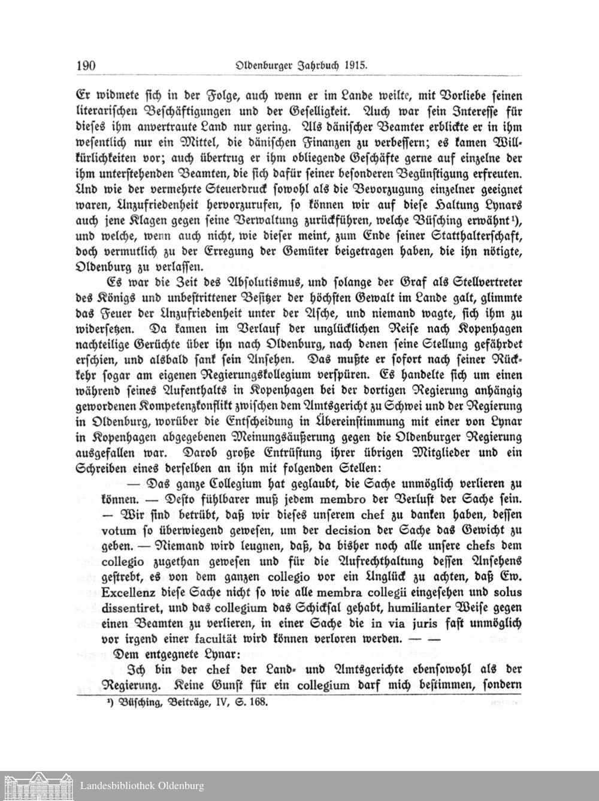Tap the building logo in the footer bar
click(37, 785)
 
